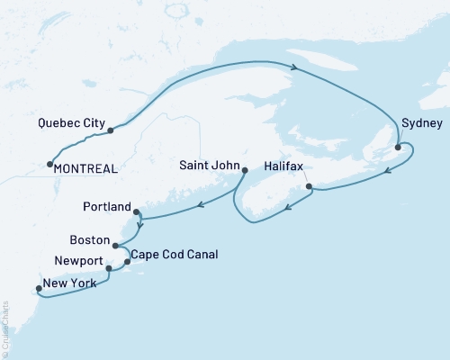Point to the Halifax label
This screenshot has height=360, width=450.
(x=287, y=166)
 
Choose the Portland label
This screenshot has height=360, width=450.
(x=106, y=205)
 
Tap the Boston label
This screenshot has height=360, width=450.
(x=90, y=241)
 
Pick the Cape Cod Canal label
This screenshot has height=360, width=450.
(x=175, y=255)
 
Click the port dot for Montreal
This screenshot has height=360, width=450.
(x=49, y=164)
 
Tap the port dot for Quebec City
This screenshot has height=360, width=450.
(x=110, y=130)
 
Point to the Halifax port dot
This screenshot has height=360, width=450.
(x=309, y=186)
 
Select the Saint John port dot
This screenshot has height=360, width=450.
(x=245, y=169)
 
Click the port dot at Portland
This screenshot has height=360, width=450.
(x=136, y=212)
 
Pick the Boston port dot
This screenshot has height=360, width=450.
(x=115, y=244)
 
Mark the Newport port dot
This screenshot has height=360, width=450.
(x=109, y=268)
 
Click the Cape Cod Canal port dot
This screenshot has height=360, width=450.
(x=127, y=261)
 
